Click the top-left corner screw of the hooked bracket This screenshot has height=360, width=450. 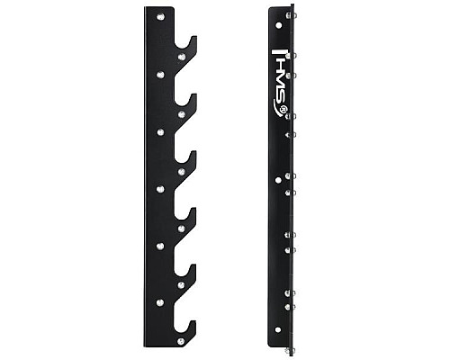(160, 17)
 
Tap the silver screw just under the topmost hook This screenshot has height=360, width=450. (182, 57)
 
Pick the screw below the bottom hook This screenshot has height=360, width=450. (181, 341)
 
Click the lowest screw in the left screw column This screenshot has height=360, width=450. (160, 302)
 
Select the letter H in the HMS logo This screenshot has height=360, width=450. (279, 62)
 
